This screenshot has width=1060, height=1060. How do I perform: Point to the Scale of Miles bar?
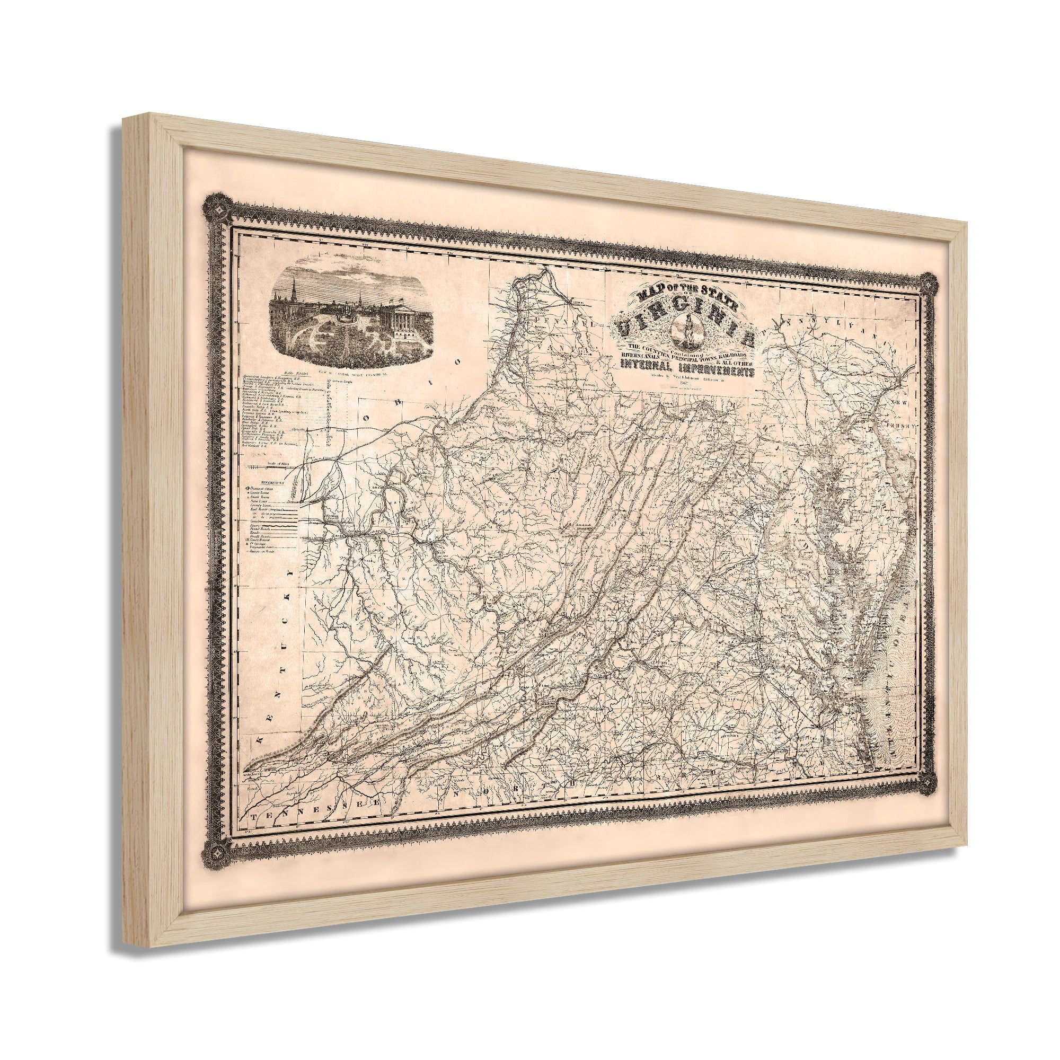(275, 467)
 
